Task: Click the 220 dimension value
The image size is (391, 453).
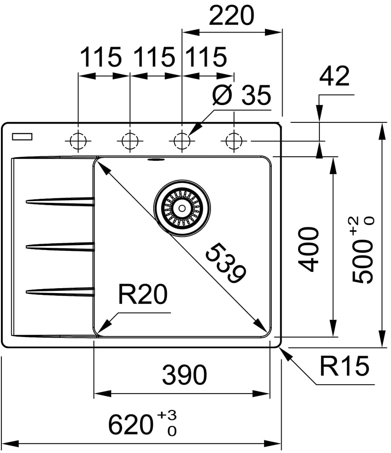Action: coord(231,17)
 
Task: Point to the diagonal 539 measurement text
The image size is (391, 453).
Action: coord(225,263)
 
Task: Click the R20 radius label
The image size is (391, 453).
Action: coord(142,296)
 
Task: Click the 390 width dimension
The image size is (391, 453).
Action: coord(184,375)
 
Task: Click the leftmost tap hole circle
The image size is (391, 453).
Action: coord(78,141)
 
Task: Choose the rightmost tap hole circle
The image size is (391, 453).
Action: coord(234,141)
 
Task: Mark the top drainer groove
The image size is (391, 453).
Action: coord(60,201)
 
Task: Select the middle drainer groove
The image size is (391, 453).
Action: coord(60,246)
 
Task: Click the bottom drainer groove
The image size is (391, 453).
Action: coord(60,290)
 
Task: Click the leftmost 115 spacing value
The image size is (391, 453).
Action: coord(101,58)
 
